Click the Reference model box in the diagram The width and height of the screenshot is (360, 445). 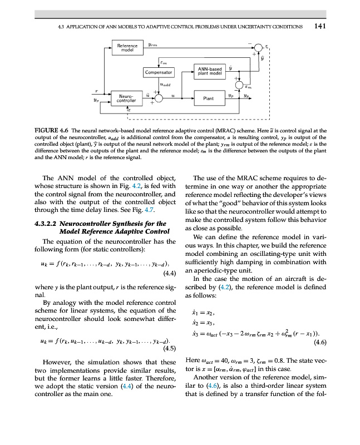tap(127, 48)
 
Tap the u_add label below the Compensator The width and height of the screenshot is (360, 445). tap(165, 85)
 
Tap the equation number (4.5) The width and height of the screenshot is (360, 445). tap(169, 349)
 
